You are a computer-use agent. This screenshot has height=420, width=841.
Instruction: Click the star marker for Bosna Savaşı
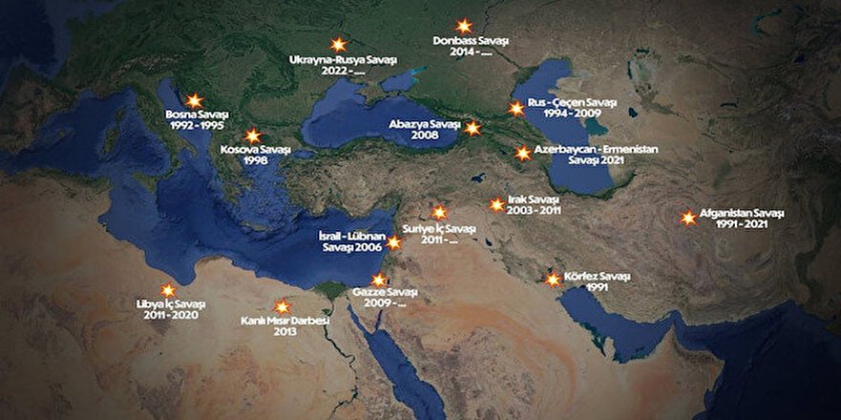pyautogui.click(x=194, y=100)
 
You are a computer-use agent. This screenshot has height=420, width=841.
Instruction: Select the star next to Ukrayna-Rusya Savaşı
pyautogui.click(x=337, y=45)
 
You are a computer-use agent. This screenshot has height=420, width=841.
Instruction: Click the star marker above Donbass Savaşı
pyautogui.click(x=464, y=27)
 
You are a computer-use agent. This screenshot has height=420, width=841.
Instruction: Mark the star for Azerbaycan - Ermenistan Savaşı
pyautogui.click(x=523, y=153)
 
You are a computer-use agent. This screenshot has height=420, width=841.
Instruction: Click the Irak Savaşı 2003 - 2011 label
pyautogui.click(x=532, y=204)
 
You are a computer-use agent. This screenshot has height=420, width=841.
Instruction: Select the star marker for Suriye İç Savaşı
pyautogui.click(x=439, y=213)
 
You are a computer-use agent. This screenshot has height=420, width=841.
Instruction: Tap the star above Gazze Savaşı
pyautogui.click(x=378, y=280)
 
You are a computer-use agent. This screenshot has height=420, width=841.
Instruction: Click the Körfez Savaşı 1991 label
pyautogui.click(x=595, y=282)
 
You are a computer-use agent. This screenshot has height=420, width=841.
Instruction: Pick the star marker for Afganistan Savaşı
pyautogui.click(x=688, y=218)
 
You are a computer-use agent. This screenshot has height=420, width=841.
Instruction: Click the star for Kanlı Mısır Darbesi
pyautogui.click(x=282, y=306)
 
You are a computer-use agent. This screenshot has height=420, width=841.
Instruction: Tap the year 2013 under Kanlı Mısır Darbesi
pyautogui.click(x=285, y=332)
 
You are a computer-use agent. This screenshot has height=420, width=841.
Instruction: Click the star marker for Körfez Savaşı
pyautogui.click(x=552, y=280)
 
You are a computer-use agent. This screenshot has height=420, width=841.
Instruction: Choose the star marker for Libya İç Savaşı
pyautogui.click(x=168, y=289)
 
